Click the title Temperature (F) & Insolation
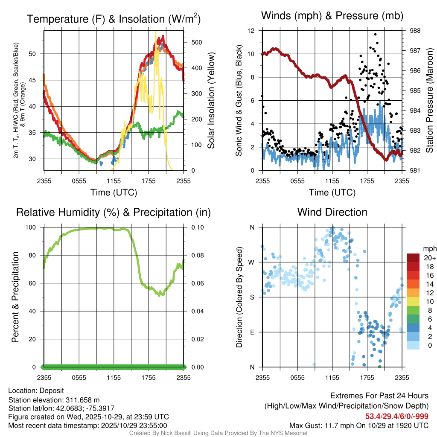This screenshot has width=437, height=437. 114,19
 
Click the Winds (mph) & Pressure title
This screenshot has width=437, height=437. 332,16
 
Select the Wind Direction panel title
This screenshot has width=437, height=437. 332,212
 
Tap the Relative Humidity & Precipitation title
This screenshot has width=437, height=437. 113,212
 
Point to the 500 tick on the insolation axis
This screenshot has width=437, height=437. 191,42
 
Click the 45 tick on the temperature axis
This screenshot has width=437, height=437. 37,80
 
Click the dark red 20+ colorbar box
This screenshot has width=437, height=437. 413,258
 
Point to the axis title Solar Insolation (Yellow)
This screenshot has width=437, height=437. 210,101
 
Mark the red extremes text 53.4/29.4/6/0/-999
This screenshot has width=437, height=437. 397,416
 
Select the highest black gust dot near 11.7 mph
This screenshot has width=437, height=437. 375,34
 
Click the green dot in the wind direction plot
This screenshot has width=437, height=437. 380,366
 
